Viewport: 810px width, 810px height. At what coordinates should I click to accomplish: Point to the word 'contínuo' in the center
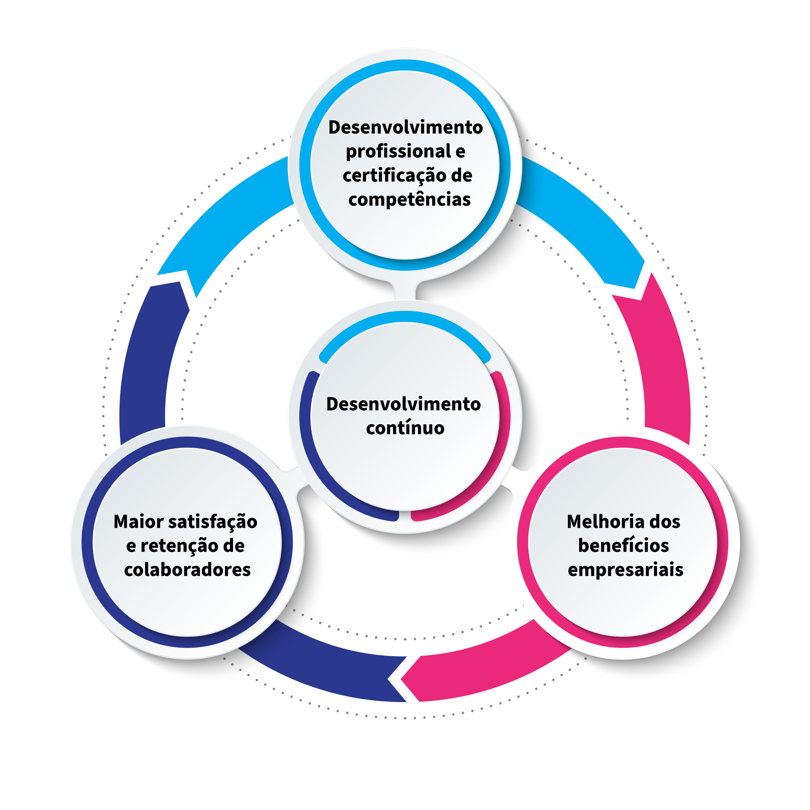click(x=405, y=428)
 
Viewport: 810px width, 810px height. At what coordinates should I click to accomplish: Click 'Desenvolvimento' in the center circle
click(x=403, y=404)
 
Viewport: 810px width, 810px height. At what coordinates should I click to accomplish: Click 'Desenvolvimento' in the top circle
click(x=405, y=128)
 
